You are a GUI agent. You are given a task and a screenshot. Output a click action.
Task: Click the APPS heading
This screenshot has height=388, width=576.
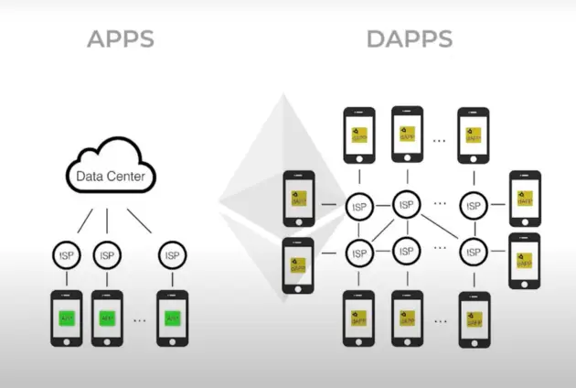pos(120,39)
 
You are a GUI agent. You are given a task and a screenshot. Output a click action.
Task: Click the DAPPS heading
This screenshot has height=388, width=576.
pos(409,39)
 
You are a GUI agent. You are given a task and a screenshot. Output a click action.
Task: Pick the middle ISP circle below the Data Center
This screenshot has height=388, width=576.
pos(107,256)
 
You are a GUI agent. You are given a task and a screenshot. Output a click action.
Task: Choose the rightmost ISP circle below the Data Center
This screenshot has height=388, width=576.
pos(171,256)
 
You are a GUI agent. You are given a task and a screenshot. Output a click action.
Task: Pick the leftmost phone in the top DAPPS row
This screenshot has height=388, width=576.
pos(357,135)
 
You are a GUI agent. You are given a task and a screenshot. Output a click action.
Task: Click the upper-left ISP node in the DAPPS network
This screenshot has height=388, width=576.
pos(358,206)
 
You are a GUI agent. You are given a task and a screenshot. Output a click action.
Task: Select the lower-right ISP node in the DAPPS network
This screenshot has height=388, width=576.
pos(474,249)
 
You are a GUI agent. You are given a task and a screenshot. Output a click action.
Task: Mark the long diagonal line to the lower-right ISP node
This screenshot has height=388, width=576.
pos(439,227)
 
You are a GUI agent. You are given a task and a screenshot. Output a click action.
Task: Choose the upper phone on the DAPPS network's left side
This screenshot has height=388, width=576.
pos(298,198)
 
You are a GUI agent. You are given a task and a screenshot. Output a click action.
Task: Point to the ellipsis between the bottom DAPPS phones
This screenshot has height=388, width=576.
pos(439,320)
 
